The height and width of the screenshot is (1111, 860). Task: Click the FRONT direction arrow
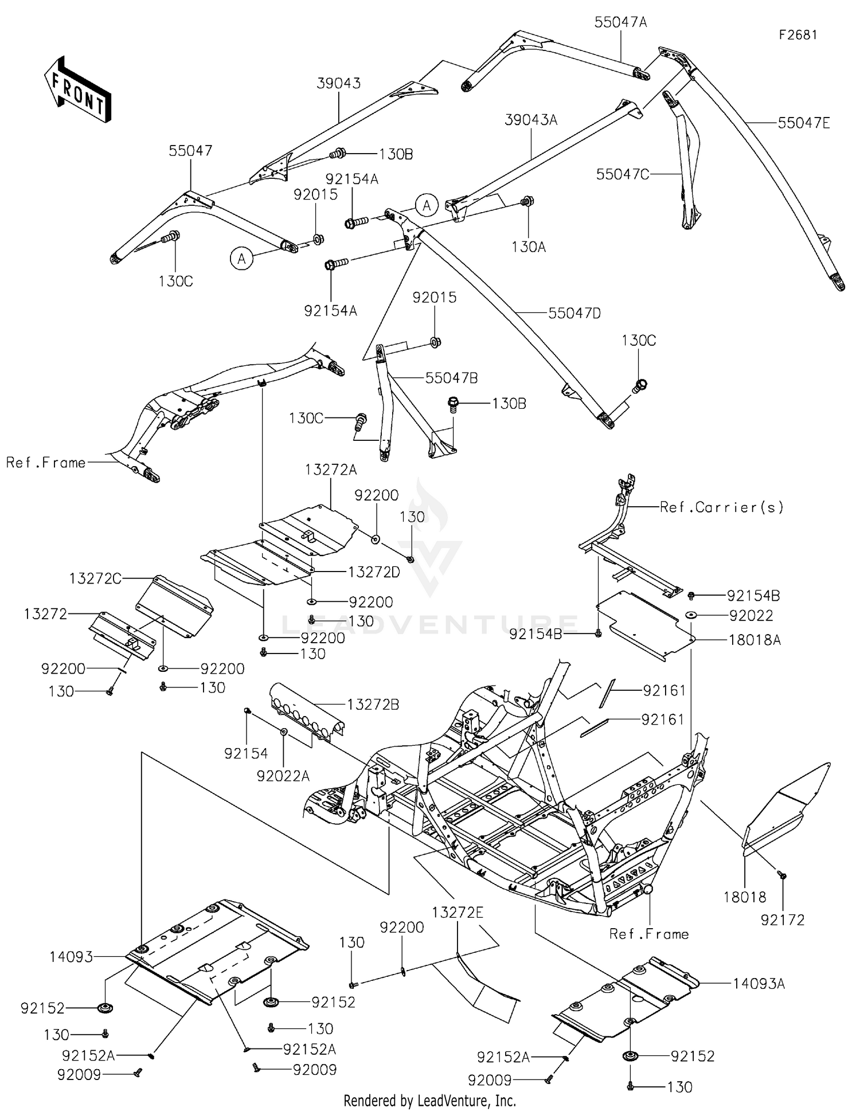77,90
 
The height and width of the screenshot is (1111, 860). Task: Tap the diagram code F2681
798,35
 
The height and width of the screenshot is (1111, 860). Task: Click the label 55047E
804,123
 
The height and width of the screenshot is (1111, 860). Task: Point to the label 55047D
574,314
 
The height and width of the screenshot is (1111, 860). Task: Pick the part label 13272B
373,705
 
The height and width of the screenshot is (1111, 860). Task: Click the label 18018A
755,640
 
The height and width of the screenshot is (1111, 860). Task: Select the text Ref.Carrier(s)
722,507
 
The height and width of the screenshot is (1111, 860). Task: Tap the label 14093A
759,984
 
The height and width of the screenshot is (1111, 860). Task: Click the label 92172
783,920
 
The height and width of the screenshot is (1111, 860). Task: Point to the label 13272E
458,912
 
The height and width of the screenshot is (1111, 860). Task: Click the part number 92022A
283,776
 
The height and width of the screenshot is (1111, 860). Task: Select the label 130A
529,247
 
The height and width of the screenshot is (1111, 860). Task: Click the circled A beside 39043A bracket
426,205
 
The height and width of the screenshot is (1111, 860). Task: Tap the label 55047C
623,174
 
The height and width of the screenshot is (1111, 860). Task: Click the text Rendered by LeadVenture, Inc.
429,1100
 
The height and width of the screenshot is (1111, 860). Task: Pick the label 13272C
95,579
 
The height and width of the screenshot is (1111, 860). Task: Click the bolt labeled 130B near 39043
338,154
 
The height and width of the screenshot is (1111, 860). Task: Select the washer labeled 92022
691,615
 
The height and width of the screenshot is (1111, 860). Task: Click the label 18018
745,897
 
